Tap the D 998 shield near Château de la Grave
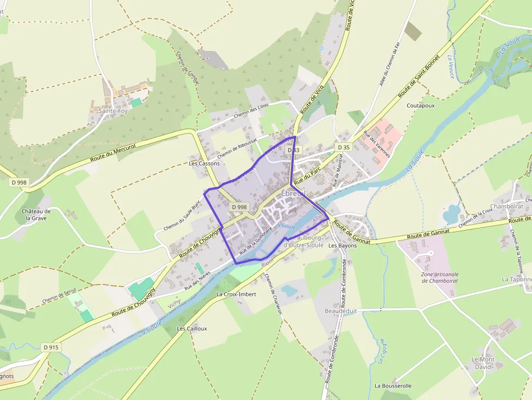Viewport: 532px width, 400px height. point(18,182)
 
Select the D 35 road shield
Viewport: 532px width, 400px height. point(343,147)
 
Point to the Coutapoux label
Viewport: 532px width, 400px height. point(421,105)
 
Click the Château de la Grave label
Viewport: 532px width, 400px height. point(36,214)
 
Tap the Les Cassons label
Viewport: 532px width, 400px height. point(204,163)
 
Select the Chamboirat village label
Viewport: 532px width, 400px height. point(506,206)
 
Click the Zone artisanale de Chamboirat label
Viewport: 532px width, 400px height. point(440,277)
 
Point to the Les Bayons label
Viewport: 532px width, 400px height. point(343,245)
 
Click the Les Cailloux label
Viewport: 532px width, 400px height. point(192,328)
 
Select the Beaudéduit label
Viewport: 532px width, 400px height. point(341,311)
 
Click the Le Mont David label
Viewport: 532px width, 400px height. point(483,363)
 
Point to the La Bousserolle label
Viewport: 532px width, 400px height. point(393,386)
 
